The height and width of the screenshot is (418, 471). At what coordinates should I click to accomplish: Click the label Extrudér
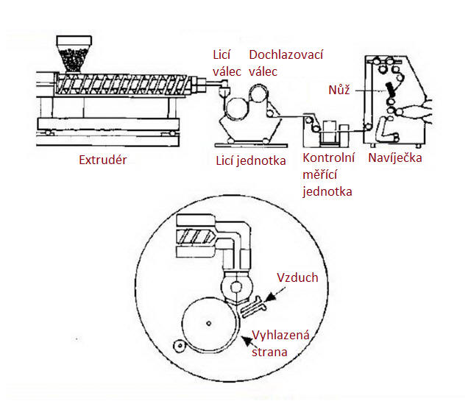click(x=102, y=160)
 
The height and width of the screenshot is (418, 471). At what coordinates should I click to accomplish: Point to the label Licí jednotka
click(x=250, y=161)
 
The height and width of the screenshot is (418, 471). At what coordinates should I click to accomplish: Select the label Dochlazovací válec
click(x=286, y=63)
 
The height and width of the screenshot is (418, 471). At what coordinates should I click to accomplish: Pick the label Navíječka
click(x=394, y=157)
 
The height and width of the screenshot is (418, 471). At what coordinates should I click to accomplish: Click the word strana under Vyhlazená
click(x=269, y=353)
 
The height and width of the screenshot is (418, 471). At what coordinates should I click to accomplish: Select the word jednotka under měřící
click(x=327, y=191)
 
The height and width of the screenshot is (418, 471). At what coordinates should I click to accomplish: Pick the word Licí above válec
click(x=222, y=55)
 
